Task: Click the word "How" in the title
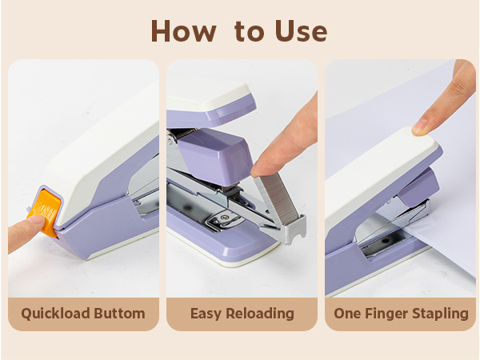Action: click(182, 30)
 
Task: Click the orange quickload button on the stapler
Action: click(45, 212)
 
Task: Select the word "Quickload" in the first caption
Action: click(54, 314)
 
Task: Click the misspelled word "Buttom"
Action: click(118, 314)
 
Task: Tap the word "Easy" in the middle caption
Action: click(206, 314)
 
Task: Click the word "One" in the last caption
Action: click(349, 314)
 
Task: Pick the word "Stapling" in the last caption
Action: click(441, 314)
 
